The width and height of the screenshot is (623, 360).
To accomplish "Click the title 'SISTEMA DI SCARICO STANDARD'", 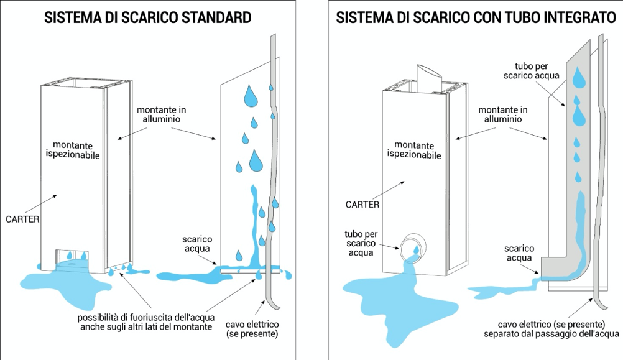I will (148, 18).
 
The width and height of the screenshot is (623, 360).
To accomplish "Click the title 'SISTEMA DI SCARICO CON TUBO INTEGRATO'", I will (476, 18).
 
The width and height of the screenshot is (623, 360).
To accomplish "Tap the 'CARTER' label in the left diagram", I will (22, 219).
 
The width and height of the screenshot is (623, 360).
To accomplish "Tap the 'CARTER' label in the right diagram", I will (362, 204).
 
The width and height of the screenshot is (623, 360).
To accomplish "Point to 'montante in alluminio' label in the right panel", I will (503, 114).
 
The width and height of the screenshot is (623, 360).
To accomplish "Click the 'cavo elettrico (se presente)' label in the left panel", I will (252, 330).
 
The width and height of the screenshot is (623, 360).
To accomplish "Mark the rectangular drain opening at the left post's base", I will (73, 256).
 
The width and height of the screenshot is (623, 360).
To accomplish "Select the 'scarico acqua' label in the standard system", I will (198, 244).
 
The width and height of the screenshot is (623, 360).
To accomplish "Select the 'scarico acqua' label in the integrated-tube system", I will (520, 254).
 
